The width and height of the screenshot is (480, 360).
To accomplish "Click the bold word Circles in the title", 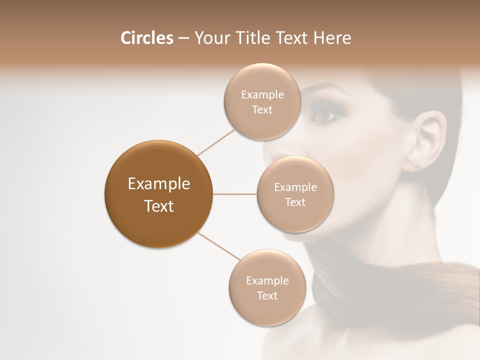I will tap(147, 38).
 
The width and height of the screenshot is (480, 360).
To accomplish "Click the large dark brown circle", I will tap(158, 194).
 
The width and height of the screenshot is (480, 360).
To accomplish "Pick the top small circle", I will tap(262, 101).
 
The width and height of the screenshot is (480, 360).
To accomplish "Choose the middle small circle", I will tap(295, 194).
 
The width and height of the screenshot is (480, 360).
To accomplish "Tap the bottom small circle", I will tap(267, 287).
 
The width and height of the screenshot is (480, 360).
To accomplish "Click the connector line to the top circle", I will tap(216, 142).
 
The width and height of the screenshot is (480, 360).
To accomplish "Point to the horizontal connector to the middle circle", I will tap(235, 194).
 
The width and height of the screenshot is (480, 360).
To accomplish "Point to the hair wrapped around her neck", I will tap(400, 290).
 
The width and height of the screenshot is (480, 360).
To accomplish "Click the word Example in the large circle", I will tap(158, 184).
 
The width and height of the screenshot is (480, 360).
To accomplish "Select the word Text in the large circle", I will tap(158, 206).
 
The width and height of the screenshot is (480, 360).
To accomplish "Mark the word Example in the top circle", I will tap(262, 94).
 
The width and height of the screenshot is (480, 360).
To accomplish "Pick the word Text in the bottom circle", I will tap(267, 295).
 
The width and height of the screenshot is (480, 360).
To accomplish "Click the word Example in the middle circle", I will tap(295, 187).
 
